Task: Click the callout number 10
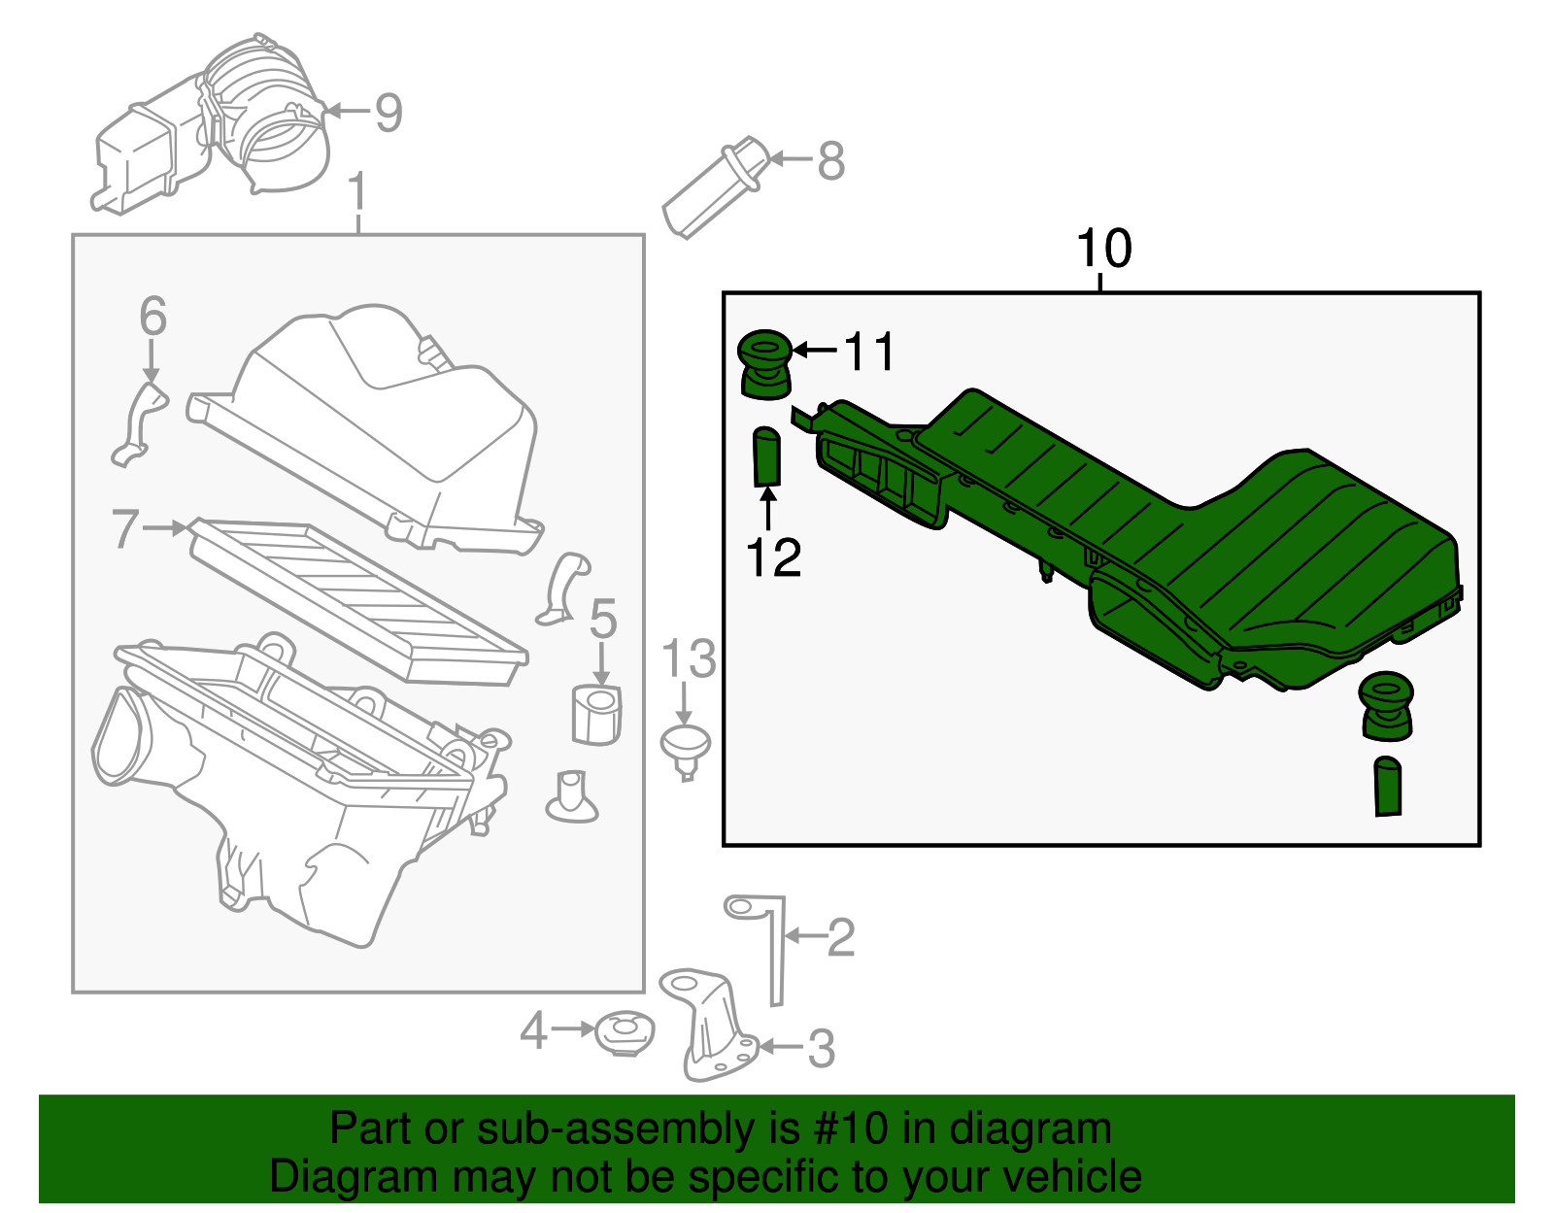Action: point(1104,249)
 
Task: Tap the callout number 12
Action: point(773,557)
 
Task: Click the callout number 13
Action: point(689,660)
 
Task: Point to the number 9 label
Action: point(388,113)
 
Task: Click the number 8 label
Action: point(830,160)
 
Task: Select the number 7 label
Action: point(125,529)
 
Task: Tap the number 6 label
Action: point(152,317)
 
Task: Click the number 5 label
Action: point(603,619)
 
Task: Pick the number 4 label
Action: point(534,1030)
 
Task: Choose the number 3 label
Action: point(822,1049)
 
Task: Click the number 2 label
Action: point(840,937)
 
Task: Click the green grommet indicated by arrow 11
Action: point(765,364)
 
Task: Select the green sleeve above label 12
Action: point(767,455)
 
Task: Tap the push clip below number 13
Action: point(686,748)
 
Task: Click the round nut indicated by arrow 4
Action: point(624,1033)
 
